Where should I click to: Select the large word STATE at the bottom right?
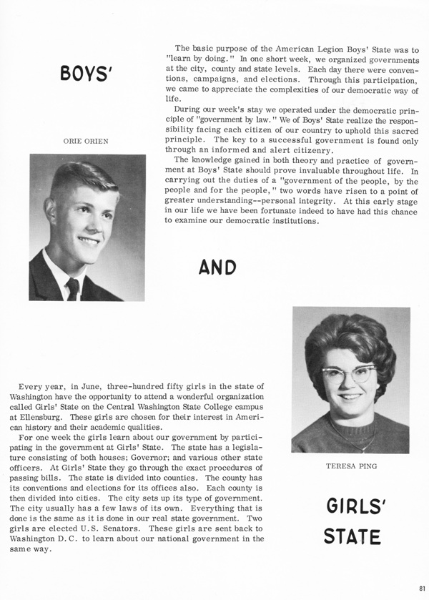point(351,536)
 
